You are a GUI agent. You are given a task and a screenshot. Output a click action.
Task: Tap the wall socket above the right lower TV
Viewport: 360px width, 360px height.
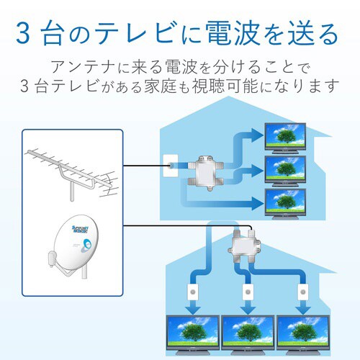click(302, 294)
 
